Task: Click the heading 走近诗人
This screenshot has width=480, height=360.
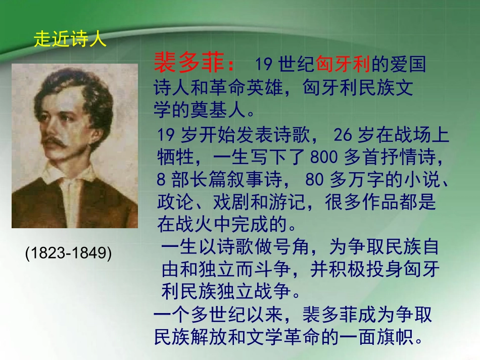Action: pos(70,39)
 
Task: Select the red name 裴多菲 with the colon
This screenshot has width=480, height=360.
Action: pos(195,64)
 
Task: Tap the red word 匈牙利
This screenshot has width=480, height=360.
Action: pos(344,64)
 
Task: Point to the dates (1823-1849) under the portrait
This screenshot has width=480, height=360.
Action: pos(69,253)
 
